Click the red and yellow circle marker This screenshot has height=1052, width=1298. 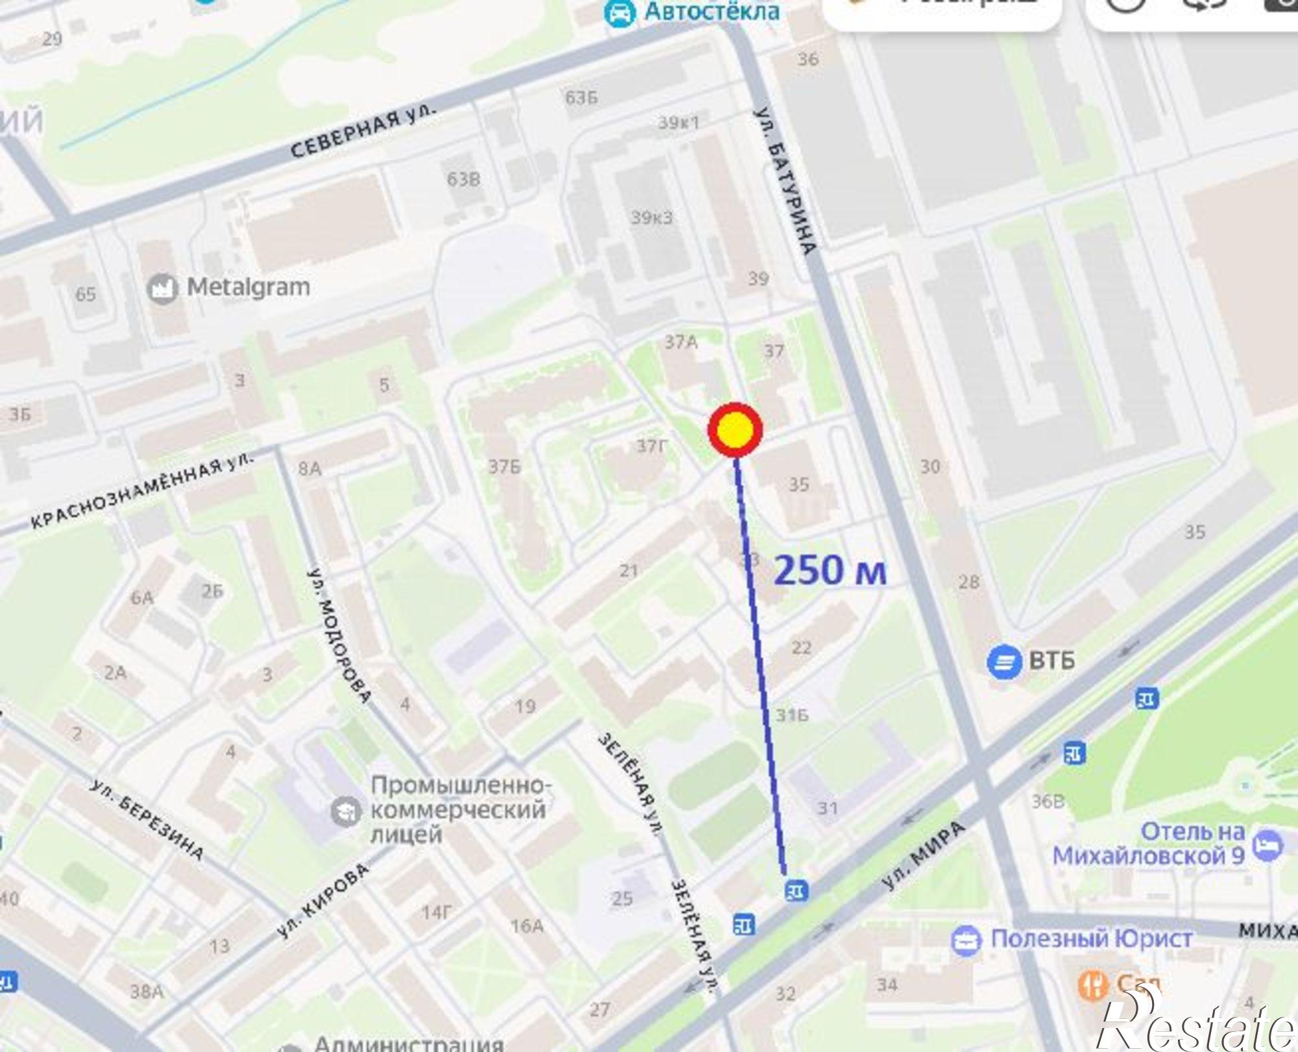tap(735, 428)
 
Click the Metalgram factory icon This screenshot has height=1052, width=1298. tap(162, 288)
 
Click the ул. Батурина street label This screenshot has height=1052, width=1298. tap(785, 182)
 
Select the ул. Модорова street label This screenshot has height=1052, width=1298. tap(338, 636)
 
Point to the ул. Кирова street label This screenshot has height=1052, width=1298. tap(322, 901)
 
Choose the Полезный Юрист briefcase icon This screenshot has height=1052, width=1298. tap(965, 940)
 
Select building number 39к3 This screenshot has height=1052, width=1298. tap(652, 217)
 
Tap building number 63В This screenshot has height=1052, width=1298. tap(463, 178)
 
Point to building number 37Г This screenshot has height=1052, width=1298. tap(652, 446)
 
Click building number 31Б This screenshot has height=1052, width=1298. tap(792, 715)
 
